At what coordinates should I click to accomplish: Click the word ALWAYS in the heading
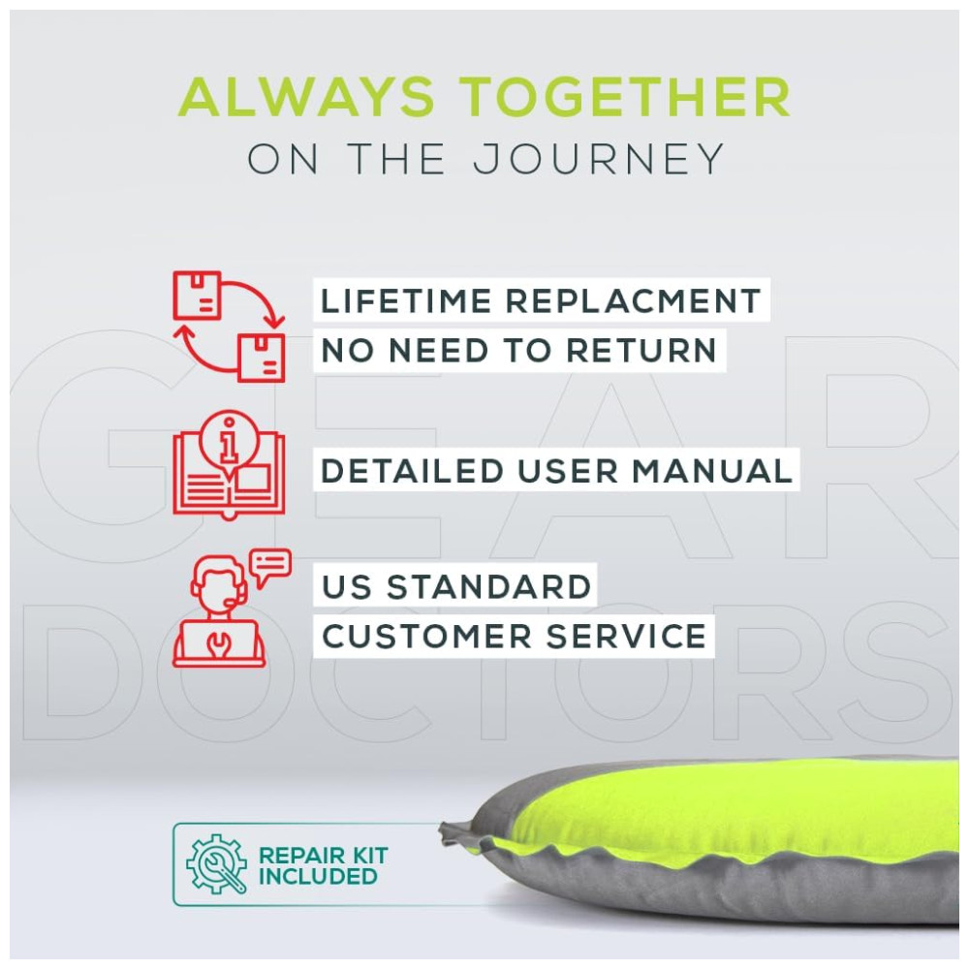307,96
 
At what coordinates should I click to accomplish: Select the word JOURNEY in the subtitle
599,159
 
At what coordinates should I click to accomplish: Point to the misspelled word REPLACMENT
634,301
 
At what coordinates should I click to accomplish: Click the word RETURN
641,351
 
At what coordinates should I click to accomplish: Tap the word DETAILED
412,472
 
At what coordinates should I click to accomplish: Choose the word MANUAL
712,472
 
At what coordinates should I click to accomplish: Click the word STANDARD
488,587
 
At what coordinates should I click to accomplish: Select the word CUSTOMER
426,637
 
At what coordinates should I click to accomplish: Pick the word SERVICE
626,637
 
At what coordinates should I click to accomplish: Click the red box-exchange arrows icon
229,326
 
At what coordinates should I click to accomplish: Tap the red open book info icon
229,464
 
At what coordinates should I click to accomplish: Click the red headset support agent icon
220,611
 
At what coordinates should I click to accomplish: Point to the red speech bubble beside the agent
270,567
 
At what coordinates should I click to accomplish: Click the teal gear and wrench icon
216,864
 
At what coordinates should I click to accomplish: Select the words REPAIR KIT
324,856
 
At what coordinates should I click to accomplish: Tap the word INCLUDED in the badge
318,876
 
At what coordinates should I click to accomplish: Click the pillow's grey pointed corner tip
441,827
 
